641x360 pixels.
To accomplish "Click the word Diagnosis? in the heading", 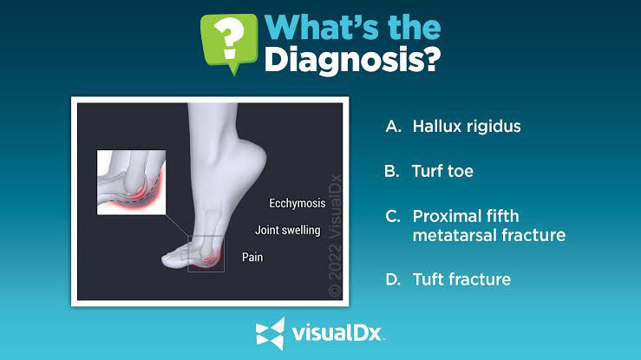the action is point(352,60).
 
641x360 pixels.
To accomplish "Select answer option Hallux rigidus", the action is point(467,127).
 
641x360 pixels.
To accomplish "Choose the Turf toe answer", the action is point(442,171).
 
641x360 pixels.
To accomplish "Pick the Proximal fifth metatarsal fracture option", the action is point(489,226).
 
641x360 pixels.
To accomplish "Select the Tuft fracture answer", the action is point(461,279).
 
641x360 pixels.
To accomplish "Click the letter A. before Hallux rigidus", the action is point(393,127).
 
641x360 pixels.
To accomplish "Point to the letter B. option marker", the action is point(392,171).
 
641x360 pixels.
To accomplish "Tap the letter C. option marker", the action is point(392,216).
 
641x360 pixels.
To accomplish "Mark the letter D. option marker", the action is point(393,280).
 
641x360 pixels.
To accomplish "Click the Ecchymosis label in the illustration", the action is point(298,204).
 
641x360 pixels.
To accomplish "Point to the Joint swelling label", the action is point(288,230).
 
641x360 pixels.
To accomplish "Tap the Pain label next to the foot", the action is point(252,257).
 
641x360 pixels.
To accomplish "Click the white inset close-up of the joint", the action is point(131,182).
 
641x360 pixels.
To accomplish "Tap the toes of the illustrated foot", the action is point(175,259).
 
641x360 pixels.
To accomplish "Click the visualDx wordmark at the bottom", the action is point(337,333).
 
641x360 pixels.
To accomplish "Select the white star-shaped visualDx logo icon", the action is point(270,333).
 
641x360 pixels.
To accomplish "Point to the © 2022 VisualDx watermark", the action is point(335,235).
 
